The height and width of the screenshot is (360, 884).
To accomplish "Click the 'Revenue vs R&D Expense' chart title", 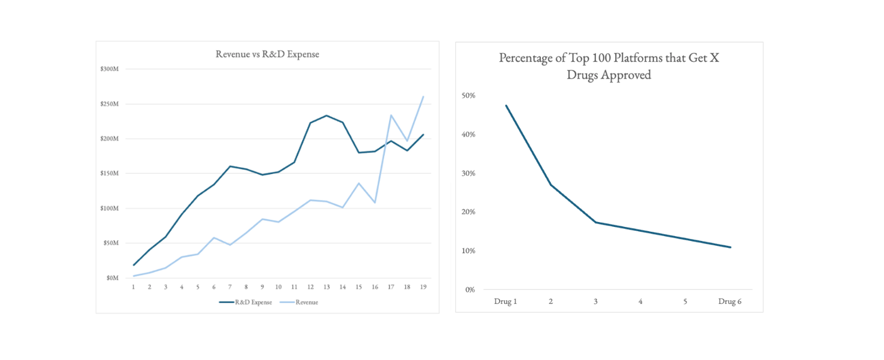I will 267,54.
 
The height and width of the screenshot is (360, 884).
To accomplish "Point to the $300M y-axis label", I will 109,69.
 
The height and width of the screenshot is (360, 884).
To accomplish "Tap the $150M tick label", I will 109,174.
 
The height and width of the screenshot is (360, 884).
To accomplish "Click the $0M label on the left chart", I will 112,278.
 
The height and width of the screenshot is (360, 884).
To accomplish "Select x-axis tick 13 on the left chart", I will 326,287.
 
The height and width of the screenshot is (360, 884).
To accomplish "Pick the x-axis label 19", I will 423,287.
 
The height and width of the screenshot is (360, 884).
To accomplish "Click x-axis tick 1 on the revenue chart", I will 134,287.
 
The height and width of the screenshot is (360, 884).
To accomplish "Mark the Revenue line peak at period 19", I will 423,97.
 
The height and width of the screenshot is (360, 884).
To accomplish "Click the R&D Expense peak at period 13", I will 326,115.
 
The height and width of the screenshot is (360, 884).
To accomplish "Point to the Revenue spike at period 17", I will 391,115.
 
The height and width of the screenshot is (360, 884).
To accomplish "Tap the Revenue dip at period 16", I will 375,202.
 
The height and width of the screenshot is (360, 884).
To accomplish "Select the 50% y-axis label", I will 468,95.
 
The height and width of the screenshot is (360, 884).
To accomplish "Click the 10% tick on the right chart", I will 468,251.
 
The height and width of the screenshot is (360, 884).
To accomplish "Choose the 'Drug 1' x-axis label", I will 505,301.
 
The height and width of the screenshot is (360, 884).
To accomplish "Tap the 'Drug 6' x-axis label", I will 729,301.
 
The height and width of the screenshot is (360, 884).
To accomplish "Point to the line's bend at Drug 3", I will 596,222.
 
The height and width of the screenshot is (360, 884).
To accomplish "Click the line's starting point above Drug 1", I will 506,106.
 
